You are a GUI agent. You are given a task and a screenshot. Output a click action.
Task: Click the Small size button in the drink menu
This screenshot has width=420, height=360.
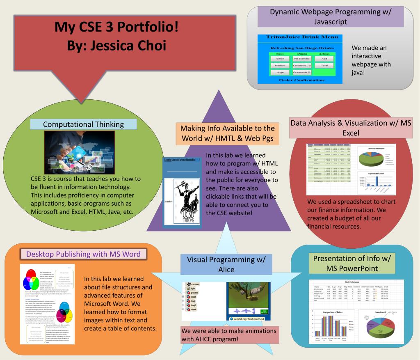(x=280, y=59)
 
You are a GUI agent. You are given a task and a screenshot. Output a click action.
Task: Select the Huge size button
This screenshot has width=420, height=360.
(x=280, y=72)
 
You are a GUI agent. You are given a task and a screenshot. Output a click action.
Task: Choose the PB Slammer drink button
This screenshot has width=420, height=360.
(x=302, y=59)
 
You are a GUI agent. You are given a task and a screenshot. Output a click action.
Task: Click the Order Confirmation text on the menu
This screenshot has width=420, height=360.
(x=302, y=80)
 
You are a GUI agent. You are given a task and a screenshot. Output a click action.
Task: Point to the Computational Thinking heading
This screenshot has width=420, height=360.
(x=84, y=124)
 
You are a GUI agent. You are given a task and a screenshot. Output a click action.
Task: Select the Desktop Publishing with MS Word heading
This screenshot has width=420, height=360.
(x=84, y=254)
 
